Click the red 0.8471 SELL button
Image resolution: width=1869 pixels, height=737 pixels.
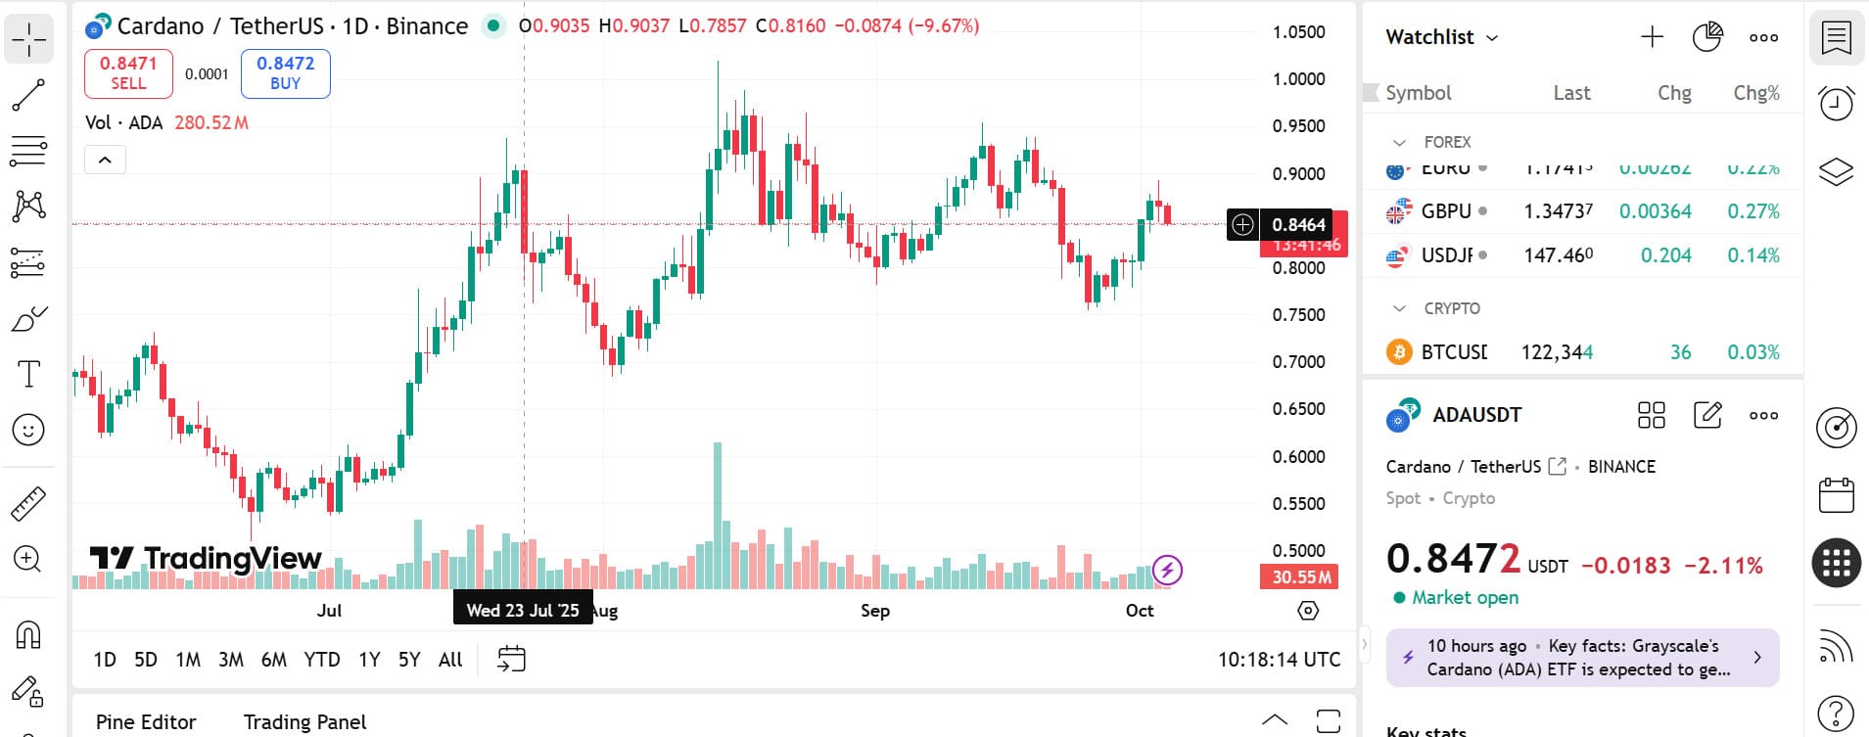[x=128, y=73]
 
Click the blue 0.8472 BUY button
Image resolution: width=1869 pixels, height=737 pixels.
[x=285, y=73]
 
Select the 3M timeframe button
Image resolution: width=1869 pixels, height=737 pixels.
[x=231, y=660]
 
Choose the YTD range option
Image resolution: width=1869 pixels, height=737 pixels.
[x=321, y=660]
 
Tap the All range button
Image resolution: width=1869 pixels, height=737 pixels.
[x=450, y=660]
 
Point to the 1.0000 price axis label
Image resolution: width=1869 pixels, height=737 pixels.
[x=1298, y=79]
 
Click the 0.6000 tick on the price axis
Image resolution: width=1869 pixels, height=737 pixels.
[x=1298, y=457]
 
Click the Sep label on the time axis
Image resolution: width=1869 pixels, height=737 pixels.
[x=875, y=611]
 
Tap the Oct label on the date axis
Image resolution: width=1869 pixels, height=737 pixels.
[x=1140, y=611]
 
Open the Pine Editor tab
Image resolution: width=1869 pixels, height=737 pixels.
[x=146, y=722]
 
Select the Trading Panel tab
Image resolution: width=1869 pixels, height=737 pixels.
[x=304, y=722]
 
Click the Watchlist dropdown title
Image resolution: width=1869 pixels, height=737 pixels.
[x=1441, y=37]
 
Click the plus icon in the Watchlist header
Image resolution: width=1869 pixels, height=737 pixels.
[x=1652, y=37]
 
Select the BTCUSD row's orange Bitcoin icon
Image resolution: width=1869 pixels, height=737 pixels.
[x=1399, y=352]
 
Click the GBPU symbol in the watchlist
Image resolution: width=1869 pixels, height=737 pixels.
[x=1446, y=211]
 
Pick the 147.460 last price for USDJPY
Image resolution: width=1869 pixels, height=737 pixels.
[x=1558, y=255]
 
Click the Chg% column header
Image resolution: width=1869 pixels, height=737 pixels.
[x=1756, y=93]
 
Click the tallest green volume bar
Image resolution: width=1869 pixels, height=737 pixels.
[x=718, y=509]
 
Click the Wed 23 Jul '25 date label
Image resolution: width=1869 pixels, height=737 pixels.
[x=523, y=611]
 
